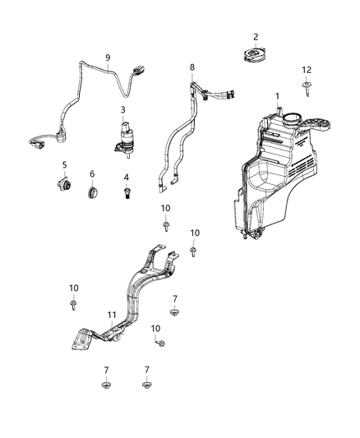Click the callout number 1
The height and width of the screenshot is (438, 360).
[x=277, y=96]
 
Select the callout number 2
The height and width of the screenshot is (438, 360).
[x=256, y=37]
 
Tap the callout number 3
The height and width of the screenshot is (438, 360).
[x=123, y=109]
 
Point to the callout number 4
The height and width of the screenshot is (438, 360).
[x=126, y=177]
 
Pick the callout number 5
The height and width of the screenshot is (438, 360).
[x=63, y=164]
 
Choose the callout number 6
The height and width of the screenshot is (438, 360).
[x=92, y=174]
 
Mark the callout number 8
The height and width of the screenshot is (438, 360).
[x=193, y=67]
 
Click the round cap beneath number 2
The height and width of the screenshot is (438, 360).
[x=256, y=54]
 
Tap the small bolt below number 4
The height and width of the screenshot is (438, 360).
[x=127, y=192]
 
